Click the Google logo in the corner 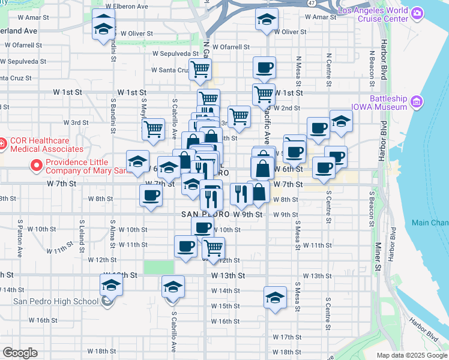(x=20, y=353)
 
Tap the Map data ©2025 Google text (x=411, y=355)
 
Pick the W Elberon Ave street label (x=125, y=6)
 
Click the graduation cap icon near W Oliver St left (x=103, y=27)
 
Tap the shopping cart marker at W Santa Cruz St (x=200, y=69)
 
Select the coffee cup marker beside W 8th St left (x=151, y=195)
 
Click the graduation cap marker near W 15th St (x=275, y=298)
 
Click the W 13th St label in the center (x=228, y=275)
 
